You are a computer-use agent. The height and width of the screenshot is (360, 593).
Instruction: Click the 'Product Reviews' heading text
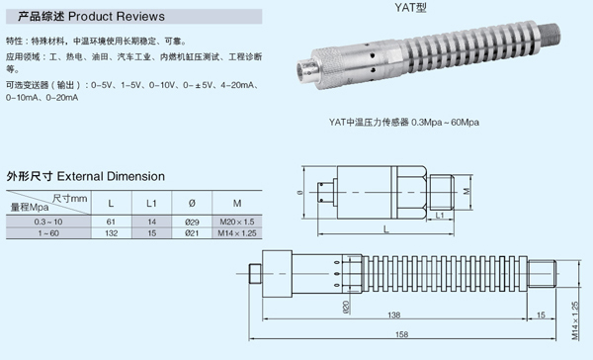117,16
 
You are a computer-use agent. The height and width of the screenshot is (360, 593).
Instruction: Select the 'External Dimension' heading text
111,176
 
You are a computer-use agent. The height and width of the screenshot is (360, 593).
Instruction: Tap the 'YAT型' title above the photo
411,8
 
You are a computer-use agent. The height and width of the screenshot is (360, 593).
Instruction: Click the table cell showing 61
111,222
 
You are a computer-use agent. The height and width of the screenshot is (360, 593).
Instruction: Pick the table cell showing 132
111,233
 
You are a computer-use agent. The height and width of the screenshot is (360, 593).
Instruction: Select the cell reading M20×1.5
237,222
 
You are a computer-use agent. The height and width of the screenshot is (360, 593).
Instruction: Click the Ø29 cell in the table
192,222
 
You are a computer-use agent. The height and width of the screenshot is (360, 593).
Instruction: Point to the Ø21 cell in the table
192,233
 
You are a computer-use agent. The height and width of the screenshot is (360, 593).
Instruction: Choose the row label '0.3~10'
48,222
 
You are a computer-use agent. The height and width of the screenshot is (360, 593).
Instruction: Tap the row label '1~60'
48,233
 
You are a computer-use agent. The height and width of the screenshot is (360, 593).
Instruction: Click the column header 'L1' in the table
151,204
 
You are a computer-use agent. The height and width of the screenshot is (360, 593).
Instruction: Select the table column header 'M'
237,204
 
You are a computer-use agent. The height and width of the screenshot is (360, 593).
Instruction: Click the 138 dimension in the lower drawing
393,315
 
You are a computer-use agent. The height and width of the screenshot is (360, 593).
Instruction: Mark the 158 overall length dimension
401,334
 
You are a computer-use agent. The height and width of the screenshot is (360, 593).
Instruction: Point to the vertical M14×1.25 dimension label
575,320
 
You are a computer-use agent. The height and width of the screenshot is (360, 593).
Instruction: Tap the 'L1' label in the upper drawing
440,216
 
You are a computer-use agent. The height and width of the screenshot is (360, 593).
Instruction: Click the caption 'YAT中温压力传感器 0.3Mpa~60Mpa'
404,123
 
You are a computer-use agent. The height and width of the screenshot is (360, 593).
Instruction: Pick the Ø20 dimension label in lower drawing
346,307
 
